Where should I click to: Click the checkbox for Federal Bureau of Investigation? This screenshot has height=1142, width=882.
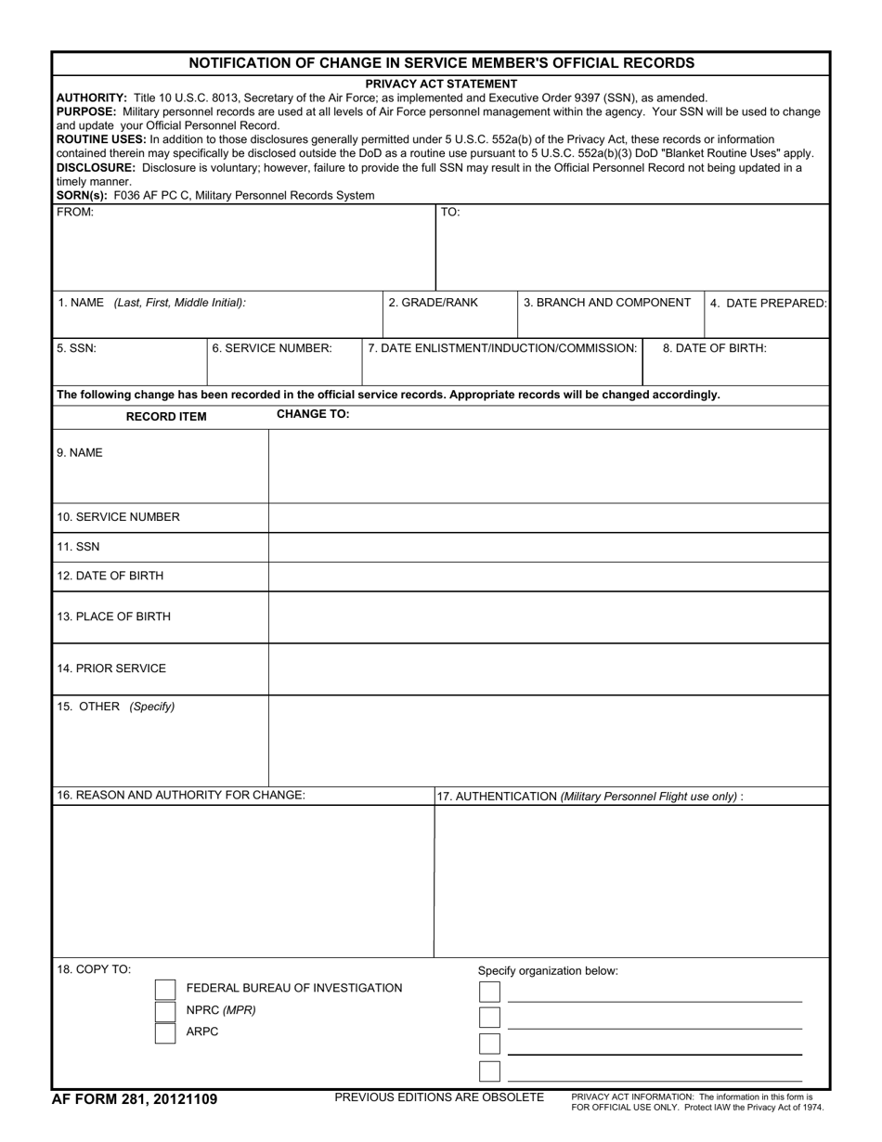[164, 989]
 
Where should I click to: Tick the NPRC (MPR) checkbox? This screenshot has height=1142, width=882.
[164, 1011]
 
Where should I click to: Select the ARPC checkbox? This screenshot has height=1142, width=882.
[164, 1032]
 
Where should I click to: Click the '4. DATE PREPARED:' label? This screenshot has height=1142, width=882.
[768, 304]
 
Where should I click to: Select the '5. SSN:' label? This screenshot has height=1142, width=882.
[76, 348]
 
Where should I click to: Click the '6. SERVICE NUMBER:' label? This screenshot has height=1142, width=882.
[271, 348]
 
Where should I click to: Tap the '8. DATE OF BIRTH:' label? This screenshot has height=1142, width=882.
[714, 348]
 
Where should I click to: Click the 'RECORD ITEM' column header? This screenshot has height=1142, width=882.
[166, 417]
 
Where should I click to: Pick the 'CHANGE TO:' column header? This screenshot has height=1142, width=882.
[313, 414]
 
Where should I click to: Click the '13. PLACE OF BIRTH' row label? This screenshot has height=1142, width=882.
[113, 616]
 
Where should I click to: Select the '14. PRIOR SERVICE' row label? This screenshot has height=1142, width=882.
[111, 668]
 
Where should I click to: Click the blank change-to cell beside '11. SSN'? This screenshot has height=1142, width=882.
[548, 548]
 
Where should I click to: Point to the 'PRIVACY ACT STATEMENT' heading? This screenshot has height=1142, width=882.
[441, 84]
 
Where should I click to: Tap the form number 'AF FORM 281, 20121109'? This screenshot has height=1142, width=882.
[135, 1099]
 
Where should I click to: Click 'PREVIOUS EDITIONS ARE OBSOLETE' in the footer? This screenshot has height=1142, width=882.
[439, 1097]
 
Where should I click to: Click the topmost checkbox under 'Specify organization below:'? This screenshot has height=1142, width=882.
[489, 993]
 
